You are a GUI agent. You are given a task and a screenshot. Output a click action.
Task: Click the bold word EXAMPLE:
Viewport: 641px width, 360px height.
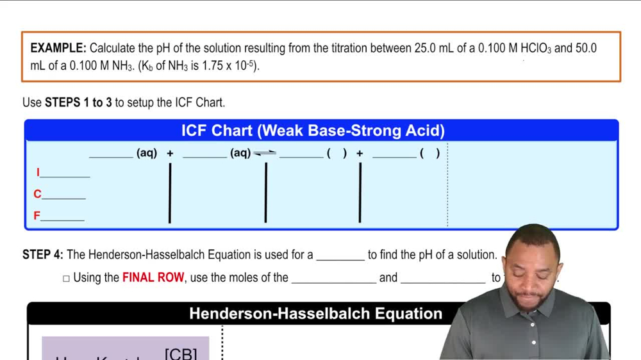(x=58, y=48)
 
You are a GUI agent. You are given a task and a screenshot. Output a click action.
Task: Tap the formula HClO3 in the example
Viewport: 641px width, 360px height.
(x=535, y=49)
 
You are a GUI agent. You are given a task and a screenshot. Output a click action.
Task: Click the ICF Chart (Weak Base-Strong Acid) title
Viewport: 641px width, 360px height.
(x=313, y=131)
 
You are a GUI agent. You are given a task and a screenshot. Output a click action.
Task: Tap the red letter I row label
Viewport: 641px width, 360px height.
(x=38, y=172)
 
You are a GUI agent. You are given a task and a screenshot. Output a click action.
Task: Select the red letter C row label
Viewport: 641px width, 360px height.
(x=37, y=194)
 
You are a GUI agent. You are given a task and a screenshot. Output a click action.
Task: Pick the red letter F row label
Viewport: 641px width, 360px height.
(x=37, y=217)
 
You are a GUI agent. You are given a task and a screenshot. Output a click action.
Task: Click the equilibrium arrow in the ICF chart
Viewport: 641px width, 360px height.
(x=265, y=153)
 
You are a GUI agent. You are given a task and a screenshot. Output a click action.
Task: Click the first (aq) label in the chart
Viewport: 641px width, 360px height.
(x=146, y=153)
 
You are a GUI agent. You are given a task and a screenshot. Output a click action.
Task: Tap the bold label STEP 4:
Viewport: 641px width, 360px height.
(x=43, y=255)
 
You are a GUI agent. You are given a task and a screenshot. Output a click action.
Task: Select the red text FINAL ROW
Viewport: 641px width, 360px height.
(x=153, y=278)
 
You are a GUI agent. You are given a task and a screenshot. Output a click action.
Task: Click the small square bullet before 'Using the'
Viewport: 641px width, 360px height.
(x=66, y=279)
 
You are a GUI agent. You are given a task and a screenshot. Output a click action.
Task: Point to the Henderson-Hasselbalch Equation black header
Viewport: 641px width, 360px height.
(x=315, y=314)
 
